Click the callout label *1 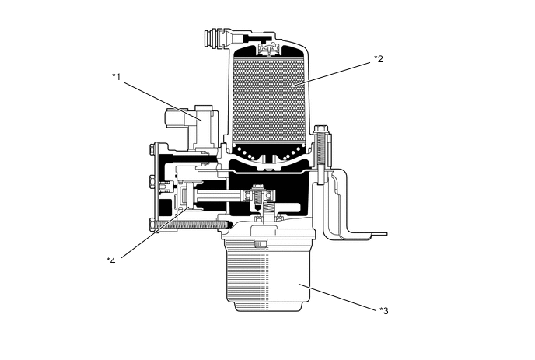click(116, 76)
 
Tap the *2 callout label click(379, 58)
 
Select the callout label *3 click(383, 311)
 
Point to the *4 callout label click(111, 260)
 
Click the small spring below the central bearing click(270, 211)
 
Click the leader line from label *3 click(342, 298)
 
